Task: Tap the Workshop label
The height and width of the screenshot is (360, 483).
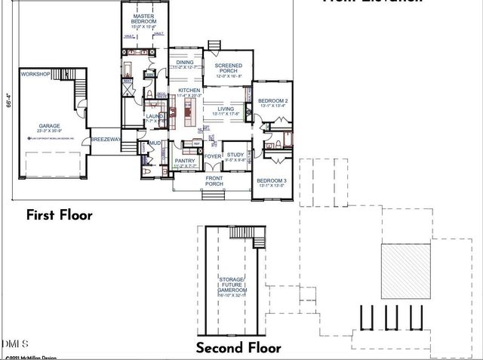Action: pyautogui.click(x=35, y=75)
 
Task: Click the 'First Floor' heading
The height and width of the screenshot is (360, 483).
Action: pyautogui.click(x=60, y=215)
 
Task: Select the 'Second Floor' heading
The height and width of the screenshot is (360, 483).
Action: pyautogui.click(x=238, y=348)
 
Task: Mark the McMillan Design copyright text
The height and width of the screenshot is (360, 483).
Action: pyautogui.click(x=29, y=355)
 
